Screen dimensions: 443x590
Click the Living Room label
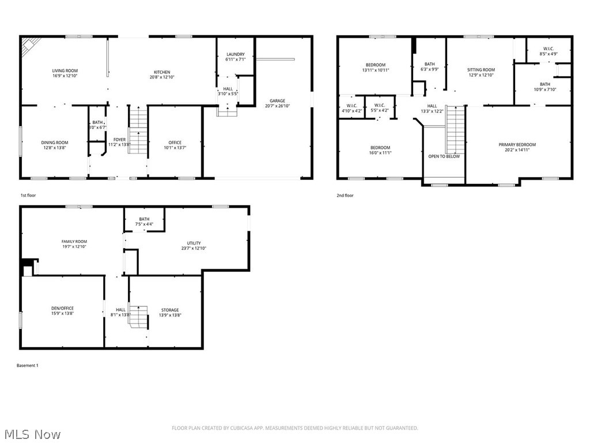(65, 70)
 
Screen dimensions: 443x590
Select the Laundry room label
(236, 54)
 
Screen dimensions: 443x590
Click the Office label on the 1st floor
(175, 142)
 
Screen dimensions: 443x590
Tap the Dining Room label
(54, 142)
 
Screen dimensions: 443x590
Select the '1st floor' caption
(28, 196)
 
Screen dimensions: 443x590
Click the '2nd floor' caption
(345, 196)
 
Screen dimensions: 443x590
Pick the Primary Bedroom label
(517, 145)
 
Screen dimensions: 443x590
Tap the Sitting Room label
(481, 70)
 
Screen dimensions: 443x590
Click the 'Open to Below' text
(444, 156)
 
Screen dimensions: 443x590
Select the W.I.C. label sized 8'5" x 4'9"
(549, 48)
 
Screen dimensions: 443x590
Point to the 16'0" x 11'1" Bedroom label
(380, 148)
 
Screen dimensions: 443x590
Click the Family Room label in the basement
(74, 242)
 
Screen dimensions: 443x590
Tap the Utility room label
(194, 243)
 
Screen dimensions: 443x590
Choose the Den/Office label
(62, 308)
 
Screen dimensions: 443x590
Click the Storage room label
(169, 310)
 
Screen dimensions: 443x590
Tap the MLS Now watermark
(32, 434)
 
